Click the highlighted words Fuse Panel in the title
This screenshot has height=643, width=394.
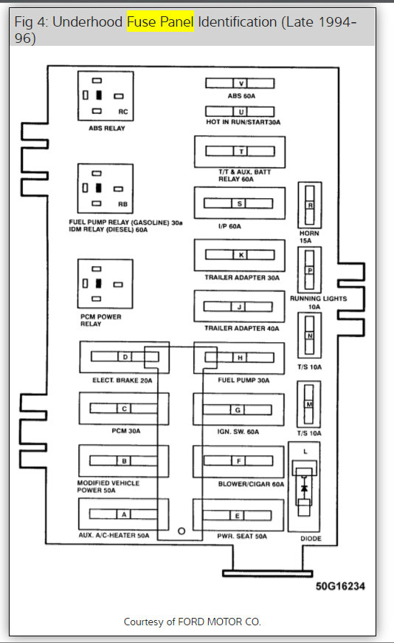pyautogui.click(x=160, y=23)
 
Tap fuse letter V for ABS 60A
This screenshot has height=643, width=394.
pyautogui.click(x=240, y=83)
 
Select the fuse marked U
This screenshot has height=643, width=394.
pyautogui.click(x=240, y=111)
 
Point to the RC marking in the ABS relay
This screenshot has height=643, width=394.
pyautogui.click(x=122, y=112)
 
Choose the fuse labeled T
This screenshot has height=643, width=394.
pyautogui.click(x=240, y=152)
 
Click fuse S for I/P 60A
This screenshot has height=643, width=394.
pyautogui.click(x=240, y=203)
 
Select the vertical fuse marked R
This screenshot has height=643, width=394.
pyautogui.click(x=310, y=205)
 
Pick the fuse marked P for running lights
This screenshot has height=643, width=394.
pyautogui.click(x=310, y=271)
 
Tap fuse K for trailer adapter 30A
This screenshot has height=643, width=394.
pyautogui.click(x=240, y=255)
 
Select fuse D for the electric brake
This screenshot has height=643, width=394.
pyautogui.click(x=125, y=358)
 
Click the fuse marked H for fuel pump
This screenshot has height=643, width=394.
pyautogui.click(x=240, y=358)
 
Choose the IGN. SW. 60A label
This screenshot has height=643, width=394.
pyautogui.click(x=239, y=432)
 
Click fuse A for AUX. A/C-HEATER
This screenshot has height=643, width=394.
pyautogui.click(x=124, y=514)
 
